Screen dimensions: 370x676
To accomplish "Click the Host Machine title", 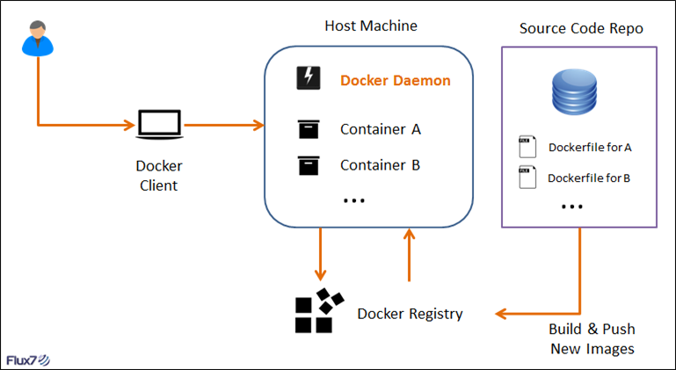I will click(x=371, y=26).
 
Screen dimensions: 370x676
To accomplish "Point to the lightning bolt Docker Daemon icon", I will click(x=308, y=79).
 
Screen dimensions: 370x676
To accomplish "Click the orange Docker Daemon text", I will click(x=396, y=81).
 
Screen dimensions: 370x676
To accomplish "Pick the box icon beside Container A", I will click(x=308, y=129).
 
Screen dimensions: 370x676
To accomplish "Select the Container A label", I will click(x=381, y=129).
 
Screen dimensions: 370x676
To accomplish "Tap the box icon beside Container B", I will click(x=308, y=164).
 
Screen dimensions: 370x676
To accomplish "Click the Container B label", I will click(x=381, y=164).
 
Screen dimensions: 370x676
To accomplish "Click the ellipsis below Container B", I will click(x=353, y=200).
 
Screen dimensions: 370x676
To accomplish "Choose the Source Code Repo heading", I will click(x=581, y=28).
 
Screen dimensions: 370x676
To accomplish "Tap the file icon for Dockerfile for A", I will click(x=527, y=147).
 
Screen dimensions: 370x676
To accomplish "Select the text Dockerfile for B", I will click(x=589, y=178).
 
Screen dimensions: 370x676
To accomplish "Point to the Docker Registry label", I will click(x=410, y=313).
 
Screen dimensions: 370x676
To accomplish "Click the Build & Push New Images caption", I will click(x=592, y=338).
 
